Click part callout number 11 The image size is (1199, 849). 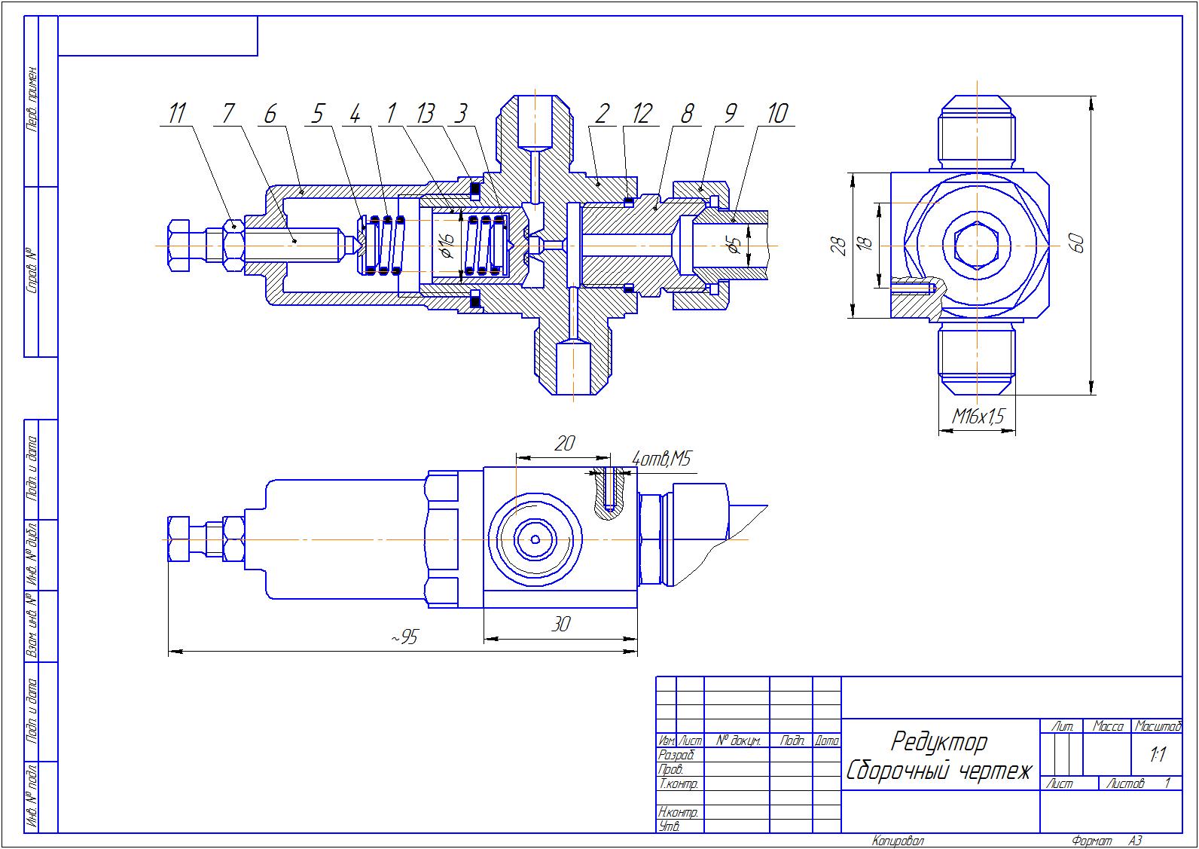(x=177, y=114)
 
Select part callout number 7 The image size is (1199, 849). (x=228, y=114)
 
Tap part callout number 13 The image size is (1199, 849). (x=425, y=114)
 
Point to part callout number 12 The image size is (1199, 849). (x=642, y=114)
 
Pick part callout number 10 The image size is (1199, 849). (x=776, y=114)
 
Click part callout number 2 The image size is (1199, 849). (x=601, y=114)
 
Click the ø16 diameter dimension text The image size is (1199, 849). (x=446, y=246)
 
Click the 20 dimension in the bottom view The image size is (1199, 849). (x=564, y=444)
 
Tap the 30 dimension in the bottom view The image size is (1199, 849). (x=561, y=625)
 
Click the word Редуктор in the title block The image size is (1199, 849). (x=938, y=743)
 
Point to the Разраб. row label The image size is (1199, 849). (x=676, y=755)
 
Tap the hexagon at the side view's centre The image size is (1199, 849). (x=976, y=246)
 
